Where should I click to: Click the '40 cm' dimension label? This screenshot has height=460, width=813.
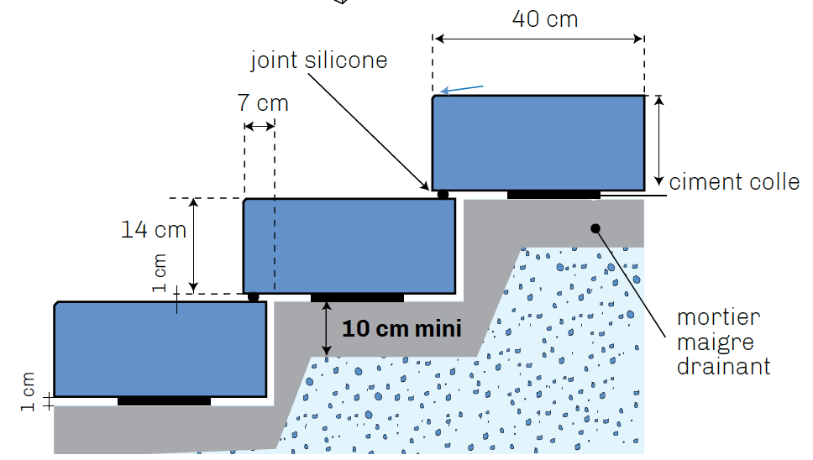tap(545, 18)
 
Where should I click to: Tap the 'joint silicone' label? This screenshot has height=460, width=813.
tap(319, 60)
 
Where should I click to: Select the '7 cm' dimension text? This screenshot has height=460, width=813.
tap(263, 103)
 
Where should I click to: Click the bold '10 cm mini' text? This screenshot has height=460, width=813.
tap(401, 328)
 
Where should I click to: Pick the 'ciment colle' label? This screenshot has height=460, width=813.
tap(734, 182)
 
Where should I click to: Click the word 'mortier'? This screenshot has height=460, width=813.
tap(718, 317)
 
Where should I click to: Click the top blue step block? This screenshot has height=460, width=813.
tap(538, 143)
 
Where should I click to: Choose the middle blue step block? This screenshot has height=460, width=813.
tap(349, 246)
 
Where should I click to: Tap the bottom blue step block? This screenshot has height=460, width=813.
tap(160, 348)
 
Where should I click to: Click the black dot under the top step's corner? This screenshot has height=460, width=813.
tap(443, 195)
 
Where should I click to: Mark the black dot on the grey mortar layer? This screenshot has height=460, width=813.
tap(595, 227)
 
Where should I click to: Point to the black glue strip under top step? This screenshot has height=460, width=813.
tap(553, 195)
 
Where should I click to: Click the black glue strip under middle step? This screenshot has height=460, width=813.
tap(357, 297)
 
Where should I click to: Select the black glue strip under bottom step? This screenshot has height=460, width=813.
tap(164, 400)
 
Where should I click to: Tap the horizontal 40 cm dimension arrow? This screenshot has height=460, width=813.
tap(538, 38)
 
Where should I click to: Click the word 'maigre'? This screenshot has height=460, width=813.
tap(716, 342)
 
